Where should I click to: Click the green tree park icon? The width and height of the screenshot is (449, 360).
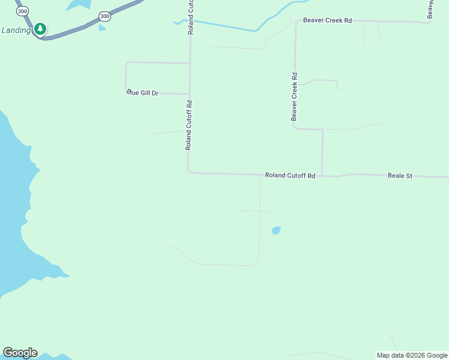[40, 29]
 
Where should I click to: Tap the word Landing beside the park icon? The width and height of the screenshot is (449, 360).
[16, 30]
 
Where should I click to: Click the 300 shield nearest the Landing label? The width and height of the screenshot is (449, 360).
[22, 11]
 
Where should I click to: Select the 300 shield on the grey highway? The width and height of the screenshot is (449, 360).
[104, 16]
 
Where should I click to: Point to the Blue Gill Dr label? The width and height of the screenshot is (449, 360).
[142, 92]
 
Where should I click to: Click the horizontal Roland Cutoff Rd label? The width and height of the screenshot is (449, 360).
[290, 176]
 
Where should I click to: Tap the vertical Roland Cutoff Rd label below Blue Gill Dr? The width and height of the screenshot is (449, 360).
[188, 125]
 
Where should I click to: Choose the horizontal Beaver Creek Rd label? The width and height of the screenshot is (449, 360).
[327, 20]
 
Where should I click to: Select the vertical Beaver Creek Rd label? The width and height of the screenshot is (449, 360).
[295, 97]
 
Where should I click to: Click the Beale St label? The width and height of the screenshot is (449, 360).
[400, 176]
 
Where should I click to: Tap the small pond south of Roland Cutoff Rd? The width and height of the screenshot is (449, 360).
[276, 230]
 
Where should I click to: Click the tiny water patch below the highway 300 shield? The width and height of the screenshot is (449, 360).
[102, 28]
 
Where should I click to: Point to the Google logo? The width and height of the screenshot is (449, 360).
[20, 353]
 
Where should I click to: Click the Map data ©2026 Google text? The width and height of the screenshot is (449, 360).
[412, 355]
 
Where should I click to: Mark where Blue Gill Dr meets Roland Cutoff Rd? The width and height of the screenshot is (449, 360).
[190, 94]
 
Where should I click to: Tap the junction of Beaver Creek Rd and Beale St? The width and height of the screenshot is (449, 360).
[322, 176]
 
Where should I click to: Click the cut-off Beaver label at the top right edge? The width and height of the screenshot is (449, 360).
[430, 8]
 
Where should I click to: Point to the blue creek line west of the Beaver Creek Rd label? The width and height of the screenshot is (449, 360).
[222, 25]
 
